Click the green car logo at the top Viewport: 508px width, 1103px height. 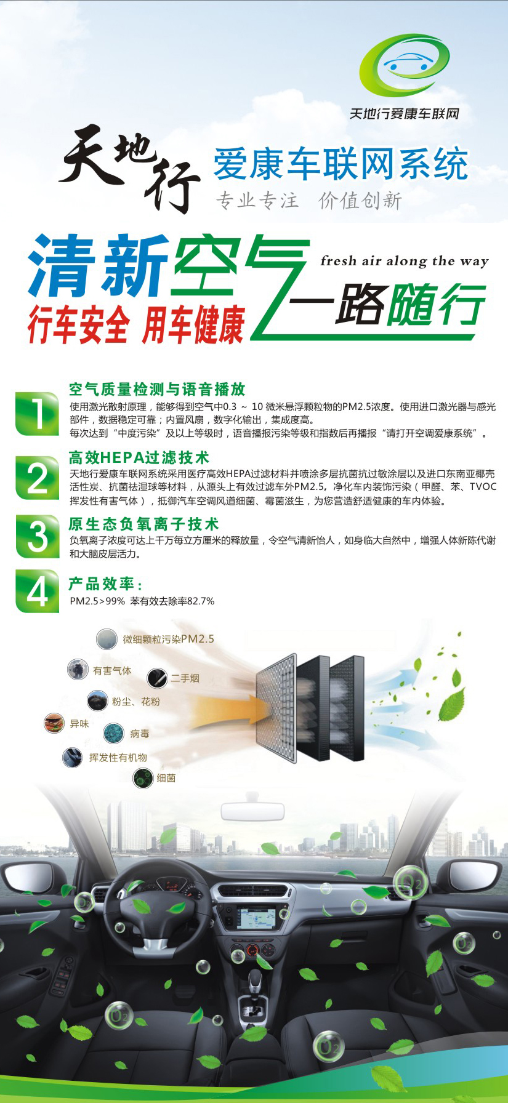pyautogui.click(x=405, y=65)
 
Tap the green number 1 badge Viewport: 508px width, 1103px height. pyautogui.click(x=38, y=413)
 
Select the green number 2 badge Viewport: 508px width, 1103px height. pyautogui.click(x=38, y=478)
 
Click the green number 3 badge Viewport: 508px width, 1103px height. pyautogui.click(x=38, y=536)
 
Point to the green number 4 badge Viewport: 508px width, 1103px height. pyautogui.click(x=38, y=592)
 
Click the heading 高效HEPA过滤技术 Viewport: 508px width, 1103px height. pyautogui.click(x=139, y=458)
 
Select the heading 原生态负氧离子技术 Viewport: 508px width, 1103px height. pyautogui.click(x=144, y=524)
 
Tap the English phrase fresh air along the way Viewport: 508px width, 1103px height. pyautogui.click(x=405, y=261)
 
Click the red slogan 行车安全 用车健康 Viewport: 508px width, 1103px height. pyautogui.click(x=136, y=324)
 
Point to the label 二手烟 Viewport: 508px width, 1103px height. pyautogui.click(x=185, y=678)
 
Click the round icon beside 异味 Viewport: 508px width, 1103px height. pyautogui.click(x=54, y=723)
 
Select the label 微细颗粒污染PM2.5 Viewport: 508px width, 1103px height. pyautogui.click(x=169, y=639)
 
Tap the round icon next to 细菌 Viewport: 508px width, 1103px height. pyautogui.click(x=143, y=778)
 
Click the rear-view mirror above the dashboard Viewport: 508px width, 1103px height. pyautogui.click(x=253, y=810)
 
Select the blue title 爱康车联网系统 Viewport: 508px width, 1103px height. pyautogui.click(x=341, y=164)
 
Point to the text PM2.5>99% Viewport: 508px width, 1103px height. pyautogui.click(x=97, y=601)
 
